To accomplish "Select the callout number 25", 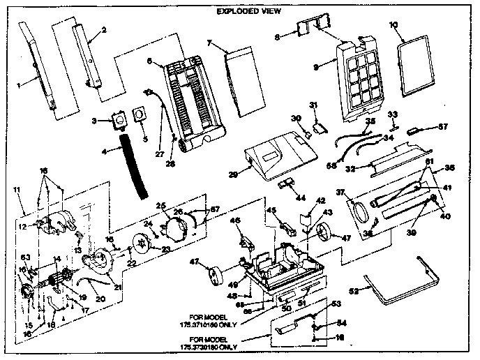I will pos(160,205).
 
